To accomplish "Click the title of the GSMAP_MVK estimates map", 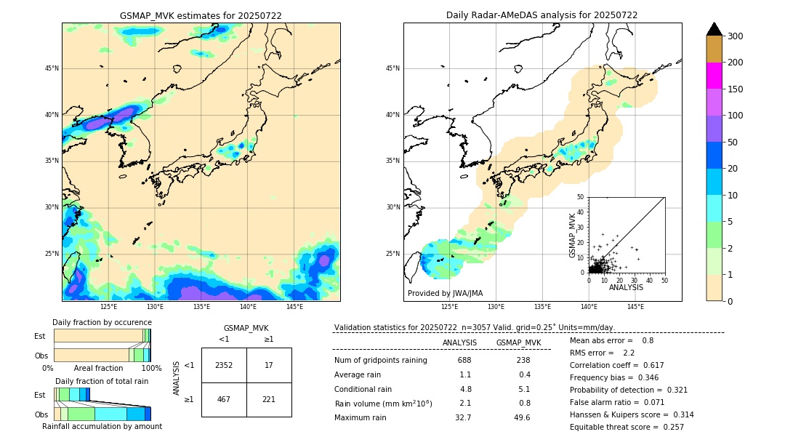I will pos(201,15).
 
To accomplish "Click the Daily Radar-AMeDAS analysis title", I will pos(542,15).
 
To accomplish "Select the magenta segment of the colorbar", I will pos(714,76).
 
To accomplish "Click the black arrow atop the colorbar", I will pos(714,29).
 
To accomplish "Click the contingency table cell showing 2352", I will pos(224,365).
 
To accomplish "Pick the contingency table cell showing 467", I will pos(224,399).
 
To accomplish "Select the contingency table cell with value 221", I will pos(269,399).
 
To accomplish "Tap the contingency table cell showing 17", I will pos(269,365).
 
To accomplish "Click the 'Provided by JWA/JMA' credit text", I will pos(445,293).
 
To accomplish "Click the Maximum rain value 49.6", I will pos(522,417).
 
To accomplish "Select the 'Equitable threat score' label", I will pos(615,427).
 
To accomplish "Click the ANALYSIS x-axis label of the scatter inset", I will pos(626,288).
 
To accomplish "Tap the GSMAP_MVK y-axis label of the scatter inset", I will pos(573,235).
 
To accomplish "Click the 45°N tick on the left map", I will pos(51,68).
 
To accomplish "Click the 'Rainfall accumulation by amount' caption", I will pos(108,427).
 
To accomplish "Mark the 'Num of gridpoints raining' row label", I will pos(380,360).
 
